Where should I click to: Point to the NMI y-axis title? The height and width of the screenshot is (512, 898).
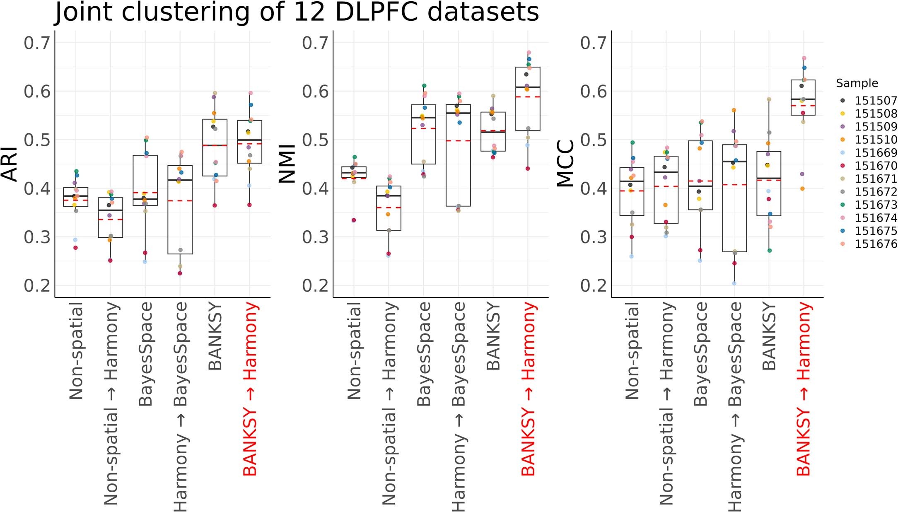point(287,164)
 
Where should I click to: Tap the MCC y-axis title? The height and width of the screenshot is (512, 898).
point(566,164)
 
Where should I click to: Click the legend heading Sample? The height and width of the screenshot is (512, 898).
point(857,83)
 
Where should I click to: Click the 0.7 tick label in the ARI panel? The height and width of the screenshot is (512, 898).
point(37,43)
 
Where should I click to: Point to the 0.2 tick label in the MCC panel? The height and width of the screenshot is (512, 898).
point(593,285)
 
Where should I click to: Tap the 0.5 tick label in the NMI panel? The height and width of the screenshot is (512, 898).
point(315,140)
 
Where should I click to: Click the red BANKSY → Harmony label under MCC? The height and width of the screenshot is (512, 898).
point(803,389)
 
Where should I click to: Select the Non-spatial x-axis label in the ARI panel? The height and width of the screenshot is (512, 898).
point(76,350)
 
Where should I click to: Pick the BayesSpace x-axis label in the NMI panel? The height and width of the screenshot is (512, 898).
point(424,354)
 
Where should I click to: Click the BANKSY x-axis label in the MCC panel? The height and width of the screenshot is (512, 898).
point(769,336)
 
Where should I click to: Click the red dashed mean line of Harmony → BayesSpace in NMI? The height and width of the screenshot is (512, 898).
point(458,141)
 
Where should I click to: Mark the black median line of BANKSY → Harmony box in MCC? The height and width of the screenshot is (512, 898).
point(803,99)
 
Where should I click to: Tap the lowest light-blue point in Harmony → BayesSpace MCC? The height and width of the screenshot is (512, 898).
point(734,283)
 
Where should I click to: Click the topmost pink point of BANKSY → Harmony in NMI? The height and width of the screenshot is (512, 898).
point(529,53)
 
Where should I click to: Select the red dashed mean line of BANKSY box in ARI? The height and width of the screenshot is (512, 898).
point(215,145)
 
